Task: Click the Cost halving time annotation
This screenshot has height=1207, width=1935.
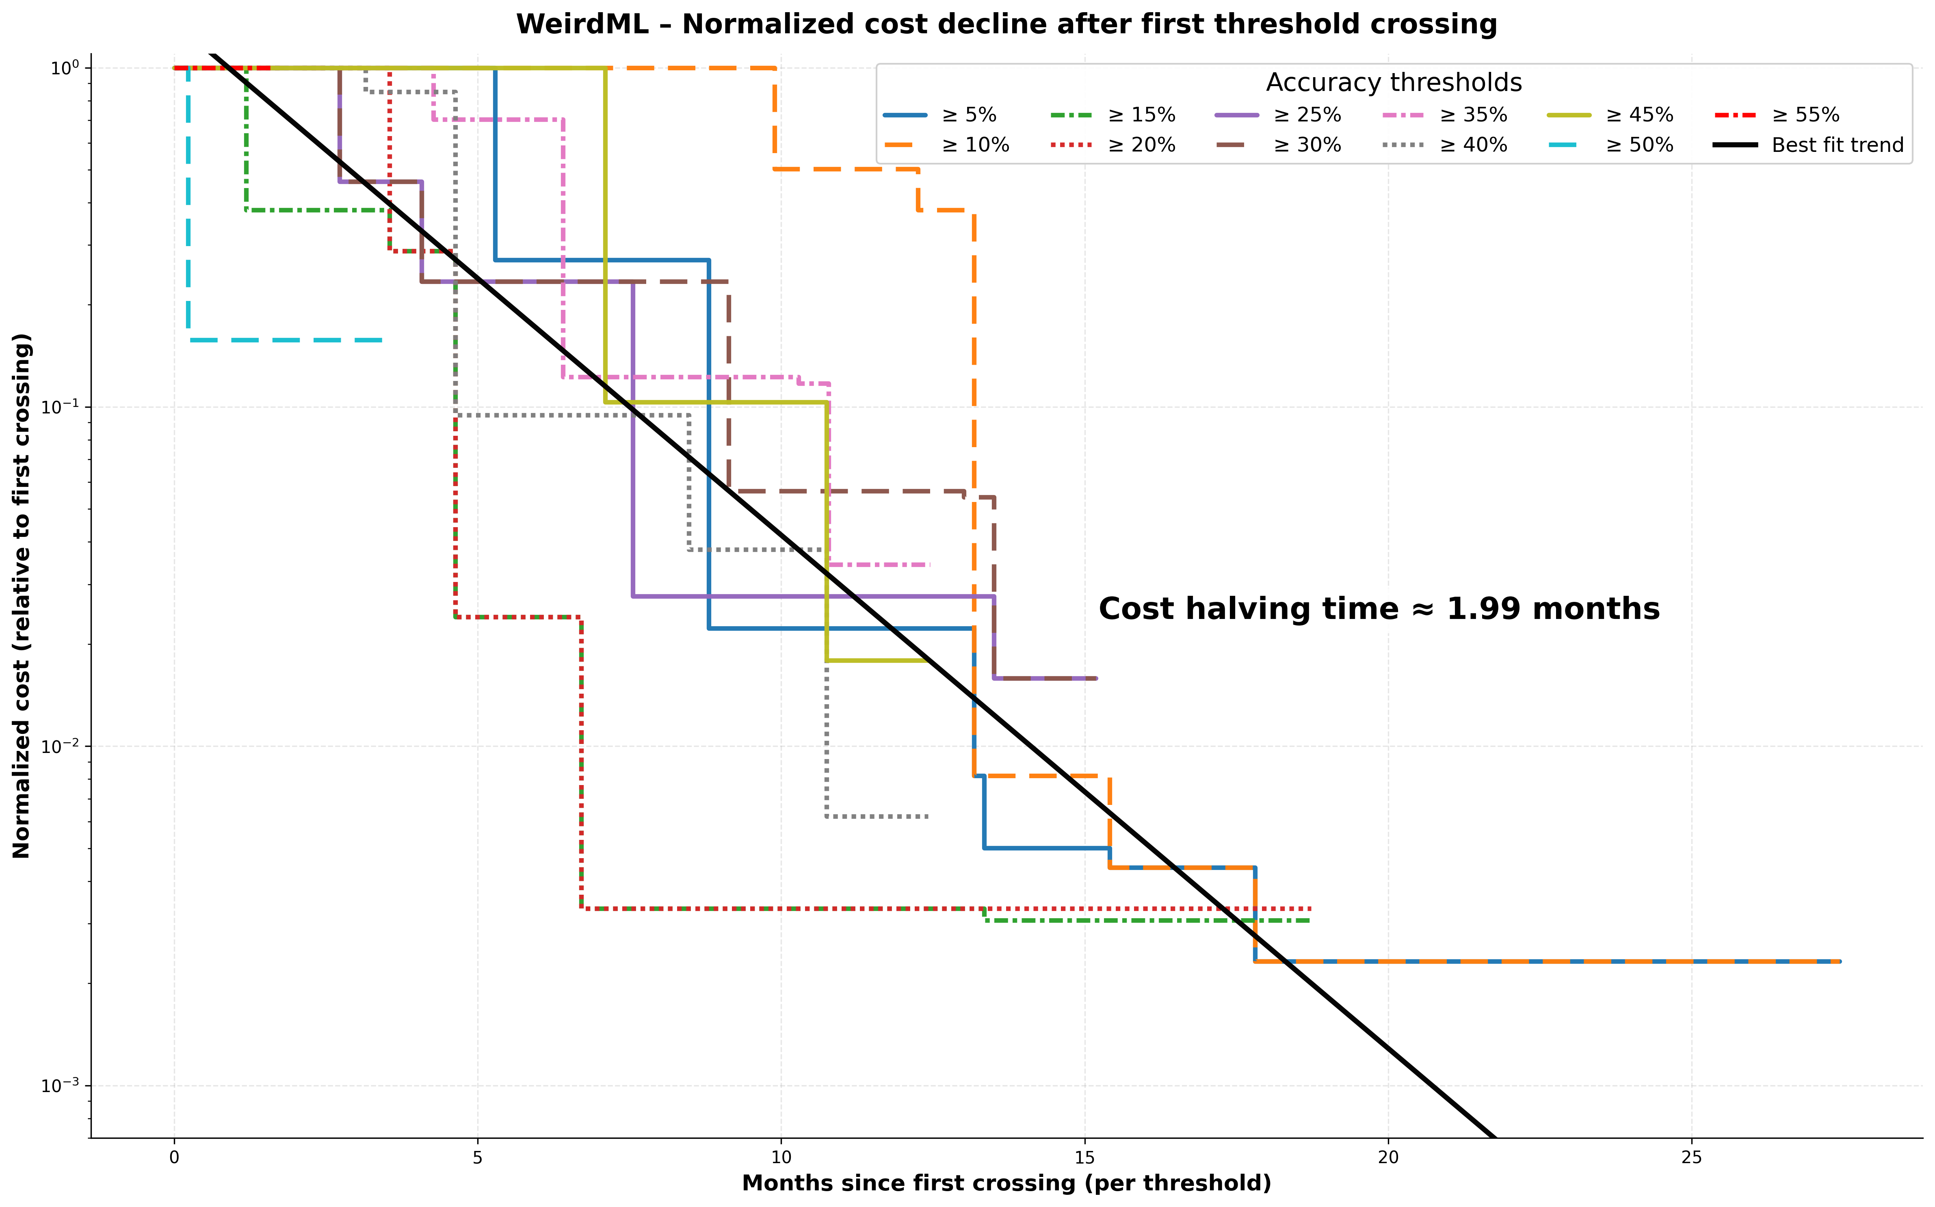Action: pyautogui.click(x=1379, y=609)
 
